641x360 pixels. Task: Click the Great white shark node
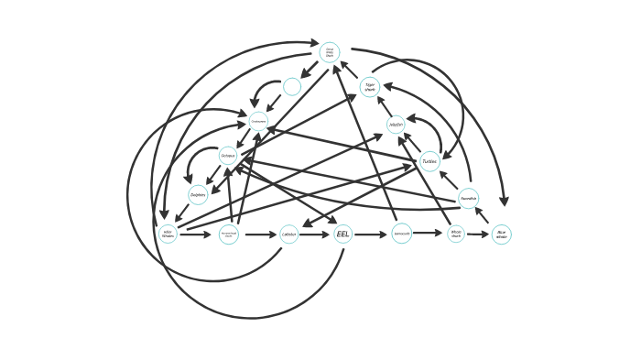pos(330,52)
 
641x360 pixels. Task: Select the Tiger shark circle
pos(369,88)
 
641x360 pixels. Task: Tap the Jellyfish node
pos(396,125)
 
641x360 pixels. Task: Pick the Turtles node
pos(429,161)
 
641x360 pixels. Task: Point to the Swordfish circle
pos(468,198)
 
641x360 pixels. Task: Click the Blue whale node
pos(501,235)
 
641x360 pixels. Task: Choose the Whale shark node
pos(456,235)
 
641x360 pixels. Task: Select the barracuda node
pos(401,234)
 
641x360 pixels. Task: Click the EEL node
pos(342,235)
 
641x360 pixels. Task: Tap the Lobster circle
pos(288,235)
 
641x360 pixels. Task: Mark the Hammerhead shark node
pos(229,235)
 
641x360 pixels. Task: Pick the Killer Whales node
pos(168,234)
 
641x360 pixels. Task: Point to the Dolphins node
pos(198,194)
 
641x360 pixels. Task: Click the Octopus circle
pos(228,156)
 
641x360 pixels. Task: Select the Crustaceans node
pos(258,121)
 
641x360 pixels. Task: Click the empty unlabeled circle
pos(292,87)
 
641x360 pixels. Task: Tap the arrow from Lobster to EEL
pos(315,235)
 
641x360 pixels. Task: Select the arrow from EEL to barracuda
pos(371,235)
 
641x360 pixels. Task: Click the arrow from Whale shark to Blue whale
pos(478,235)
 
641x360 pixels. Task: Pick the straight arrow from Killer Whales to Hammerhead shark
pos(196,235)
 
